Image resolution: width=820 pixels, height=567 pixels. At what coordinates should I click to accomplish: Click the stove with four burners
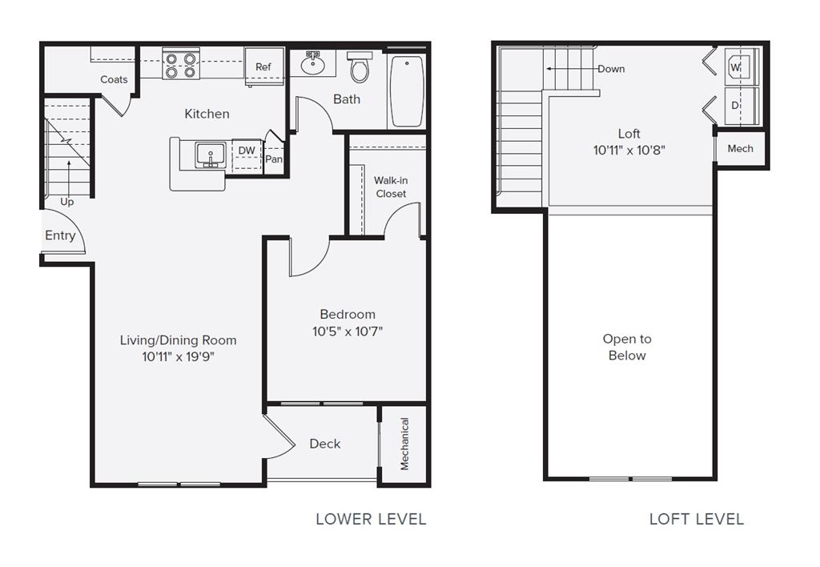click(x=180, y=65)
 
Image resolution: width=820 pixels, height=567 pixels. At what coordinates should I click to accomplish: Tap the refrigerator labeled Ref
click(x=263, y=66)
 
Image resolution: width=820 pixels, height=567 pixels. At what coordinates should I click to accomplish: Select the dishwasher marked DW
click(x=247, y=151)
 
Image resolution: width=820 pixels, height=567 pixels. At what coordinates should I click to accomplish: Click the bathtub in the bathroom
click(x=408, y=90)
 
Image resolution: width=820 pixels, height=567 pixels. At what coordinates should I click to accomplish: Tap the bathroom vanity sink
click(x=312, y=62)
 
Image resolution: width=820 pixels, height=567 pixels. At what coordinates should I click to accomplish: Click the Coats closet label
click(x=114, y=79)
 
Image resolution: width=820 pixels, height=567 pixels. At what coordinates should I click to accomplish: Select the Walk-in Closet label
click(x=391, y=187)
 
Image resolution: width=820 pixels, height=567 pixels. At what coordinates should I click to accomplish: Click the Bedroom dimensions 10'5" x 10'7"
click(x=348, y=331)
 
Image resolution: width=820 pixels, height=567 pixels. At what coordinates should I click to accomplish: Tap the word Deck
click(x=325, y=444)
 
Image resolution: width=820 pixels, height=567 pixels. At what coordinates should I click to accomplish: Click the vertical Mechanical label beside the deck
click(x=404, y=444)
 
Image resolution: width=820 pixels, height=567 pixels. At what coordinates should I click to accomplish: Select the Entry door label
click(x=60, y=235)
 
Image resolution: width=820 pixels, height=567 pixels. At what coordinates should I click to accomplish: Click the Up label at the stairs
click(x=67, y=202)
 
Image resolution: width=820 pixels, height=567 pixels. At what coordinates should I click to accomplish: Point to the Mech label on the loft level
click(x=740, y=149)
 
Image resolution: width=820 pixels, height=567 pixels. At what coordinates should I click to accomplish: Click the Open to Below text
click(x=627, y=348)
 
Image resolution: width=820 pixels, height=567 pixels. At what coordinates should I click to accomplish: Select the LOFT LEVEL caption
click(x=696, y=519)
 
